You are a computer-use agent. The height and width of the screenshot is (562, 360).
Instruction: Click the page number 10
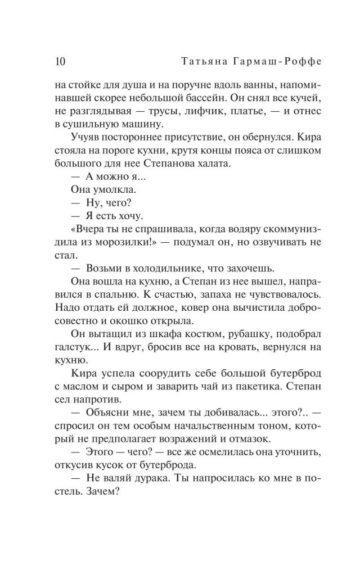tap(61, 61)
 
